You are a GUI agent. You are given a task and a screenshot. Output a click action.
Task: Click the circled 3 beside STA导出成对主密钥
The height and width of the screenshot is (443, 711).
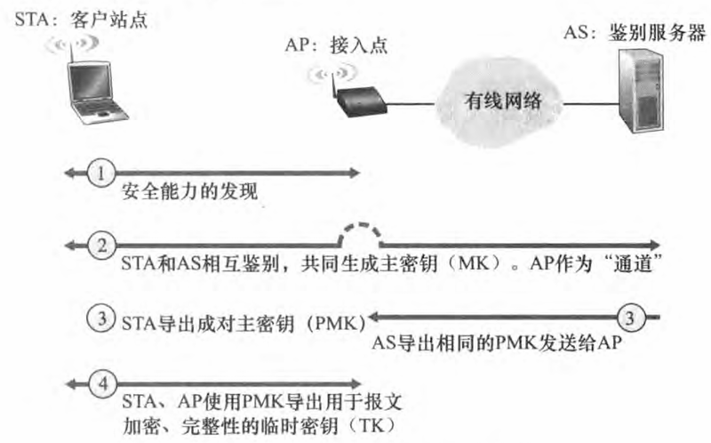(x=104, y=317)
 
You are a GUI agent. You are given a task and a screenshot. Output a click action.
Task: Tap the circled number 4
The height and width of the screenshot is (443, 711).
(x=104, y=385)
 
